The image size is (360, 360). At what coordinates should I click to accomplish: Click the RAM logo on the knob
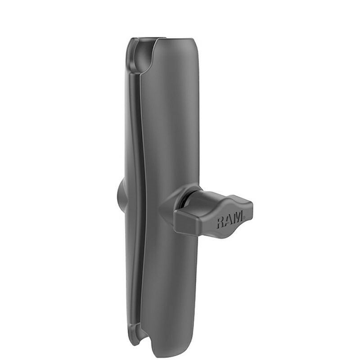coord(230,220)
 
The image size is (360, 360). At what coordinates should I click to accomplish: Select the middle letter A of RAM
coord(229,221)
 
